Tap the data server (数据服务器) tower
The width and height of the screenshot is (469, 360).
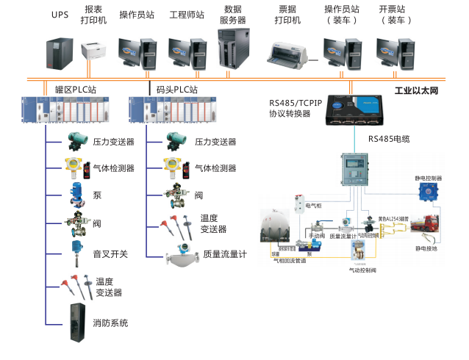point(234,49)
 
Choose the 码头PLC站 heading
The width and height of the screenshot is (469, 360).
point(178,90)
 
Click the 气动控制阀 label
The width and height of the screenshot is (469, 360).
point(363,270)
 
